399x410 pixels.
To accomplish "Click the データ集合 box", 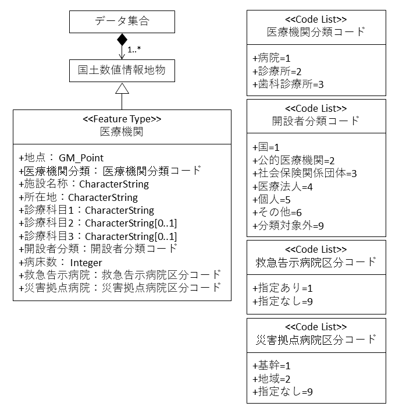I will [x=122, y=22].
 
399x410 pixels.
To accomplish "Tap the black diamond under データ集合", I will [x=122, y=40].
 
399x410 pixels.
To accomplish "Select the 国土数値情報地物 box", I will [x=122, y=70].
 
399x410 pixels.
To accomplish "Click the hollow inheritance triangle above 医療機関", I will [x=122, y=89].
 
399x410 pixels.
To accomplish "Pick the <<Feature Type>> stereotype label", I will [x=122, y=119].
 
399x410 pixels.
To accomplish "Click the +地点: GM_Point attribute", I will [x=61, y=158].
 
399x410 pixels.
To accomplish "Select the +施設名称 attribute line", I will [x=84, y=184].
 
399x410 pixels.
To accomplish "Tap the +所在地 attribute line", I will [x=78, y=197].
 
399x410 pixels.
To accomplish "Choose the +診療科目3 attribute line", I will [x=98, y=236].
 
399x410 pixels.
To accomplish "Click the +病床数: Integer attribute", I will [x=60, y=262].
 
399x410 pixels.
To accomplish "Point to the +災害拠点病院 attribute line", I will [x=120, y=287].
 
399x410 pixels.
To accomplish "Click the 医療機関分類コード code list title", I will [x=316, y=32].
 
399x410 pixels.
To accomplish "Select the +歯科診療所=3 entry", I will [x=288, y=84].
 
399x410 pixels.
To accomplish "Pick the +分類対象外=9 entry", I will [x=288, y=225].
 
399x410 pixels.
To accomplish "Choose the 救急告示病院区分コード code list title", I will [x=316, y=261].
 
